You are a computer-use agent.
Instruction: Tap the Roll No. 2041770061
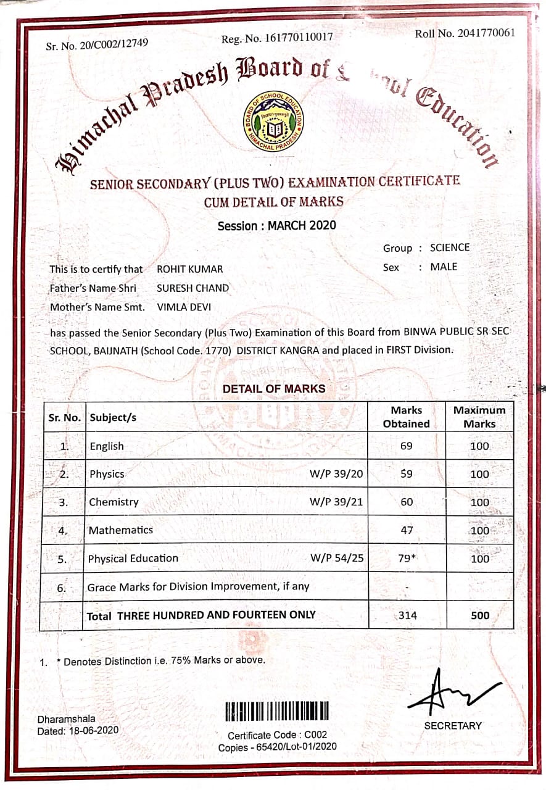point(465,33)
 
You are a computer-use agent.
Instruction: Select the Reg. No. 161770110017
point(277,38)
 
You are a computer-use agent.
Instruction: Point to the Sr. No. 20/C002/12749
point(97,44)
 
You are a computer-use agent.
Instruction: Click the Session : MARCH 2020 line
point(277,225)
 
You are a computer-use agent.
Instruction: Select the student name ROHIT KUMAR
point(190,269)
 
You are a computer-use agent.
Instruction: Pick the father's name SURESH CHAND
point(192,288)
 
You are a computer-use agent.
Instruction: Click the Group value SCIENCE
point(450,247)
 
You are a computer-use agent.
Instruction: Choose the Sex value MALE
point(444,267)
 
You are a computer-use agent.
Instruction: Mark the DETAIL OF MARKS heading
point(274,389)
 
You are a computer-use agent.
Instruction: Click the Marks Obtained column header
point(406,417)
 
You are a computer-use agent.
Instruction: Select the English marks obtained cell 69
point(406,446)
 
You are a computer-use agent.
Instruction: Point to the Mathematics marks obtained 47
point(406,530)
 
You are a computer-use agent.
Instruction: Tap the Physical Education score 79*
point(408,559)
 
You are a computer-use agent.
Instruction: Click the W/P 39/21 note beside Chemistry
point(336,502)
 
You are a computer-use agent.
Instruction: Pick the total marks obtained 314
point(408,615)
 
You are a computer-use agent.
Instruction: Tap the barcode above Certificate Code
point(277,712)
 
